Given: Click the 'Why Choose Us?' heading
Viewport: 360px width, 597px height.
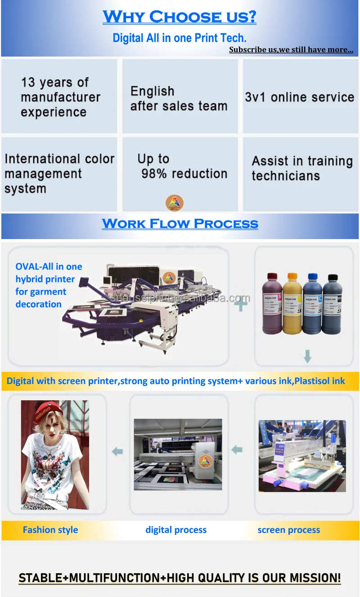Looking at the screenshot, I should click(x=180, y=17).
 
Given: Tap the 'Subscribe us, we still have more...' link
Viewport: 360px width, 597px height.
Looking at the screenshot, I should click(x=291, y=50).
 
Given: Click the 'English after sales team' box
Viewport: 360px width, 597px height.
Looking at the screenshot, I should click(x=180, y=96).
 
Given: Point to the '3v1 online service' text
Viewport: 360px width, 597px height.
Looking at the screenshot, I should click(x=300, y=97).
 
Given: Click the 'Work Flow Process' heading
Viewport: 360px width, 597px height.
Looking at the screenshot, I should click(x=180, y=223).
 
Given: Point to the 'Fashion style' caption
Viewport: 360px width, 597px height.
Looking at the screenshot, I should click(x=50, y=530).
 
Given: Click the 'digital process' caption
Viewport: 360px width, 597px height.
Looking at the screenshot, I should click(x=176, y=530).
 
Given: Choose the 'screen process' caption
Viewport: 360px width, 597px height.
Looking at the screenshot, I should click(x=289, y=530).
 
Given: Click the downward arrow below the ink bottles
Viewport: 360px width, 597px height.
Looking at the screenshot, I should click(x=307, y=357).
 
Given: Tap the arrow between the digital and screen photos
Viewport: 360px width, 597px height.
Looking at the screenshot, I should click(x=237, y=449).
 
